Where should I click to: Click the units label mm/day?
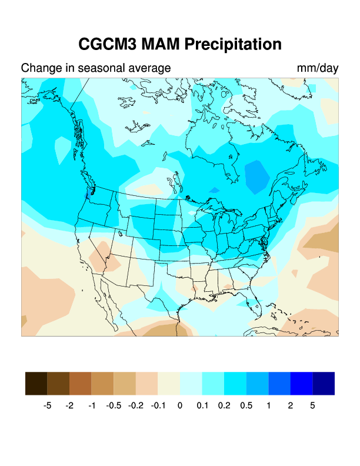coord(318,68)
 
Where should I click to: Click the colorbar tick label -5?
coord(48,405)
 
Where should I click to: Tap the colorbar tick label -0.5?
coord(114,405)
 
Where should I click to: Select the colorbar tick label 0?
coord(180,405)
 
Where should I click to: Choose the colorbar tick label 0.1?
coord(202,405)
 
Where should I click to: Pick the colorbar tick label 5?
coord(312,405)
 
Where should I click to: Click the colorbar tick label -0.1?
coord(158,405)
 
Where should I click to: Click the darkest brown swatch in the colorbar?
coord(36,383)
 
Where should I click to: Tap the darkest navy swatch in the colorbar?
coord(324,383)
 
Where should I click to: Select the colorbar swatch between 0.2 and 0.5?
coord(235,383)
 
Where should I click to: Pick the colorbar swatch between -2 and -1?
coord(81,383)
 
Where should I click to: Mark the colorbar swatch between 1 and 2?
coord(279,383)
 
